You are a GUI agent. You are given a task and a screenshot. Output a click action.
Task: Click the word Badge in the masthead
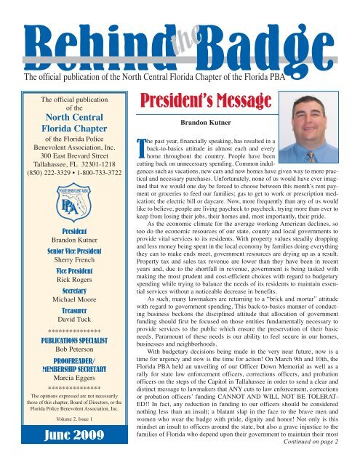point(263,31)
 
